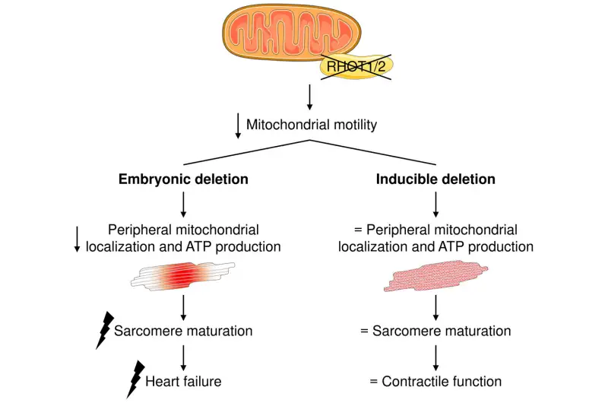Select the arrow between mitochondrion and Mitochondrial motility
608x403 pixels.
(x=310, y=97)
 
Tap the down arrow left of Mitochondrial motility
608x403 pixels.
(x=239, y=125)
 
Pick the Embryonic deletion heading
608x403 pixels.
(x=182, y=180)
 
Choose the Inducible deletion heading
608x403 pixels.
(x=435, y=180)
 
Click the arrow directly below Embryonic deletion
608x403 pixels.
(x=182, y=205)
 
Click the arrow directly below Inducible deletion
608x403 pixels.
(x=435, y=205)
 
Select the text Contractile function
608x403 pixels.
(x=442, y=381)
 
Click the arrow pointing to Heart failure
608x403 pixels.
(x=182, y=356)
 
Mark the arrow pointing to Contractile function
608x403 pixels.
(x=435, y=356)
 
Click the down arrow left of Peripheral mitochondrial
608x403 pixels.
(x=77, y=238)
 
